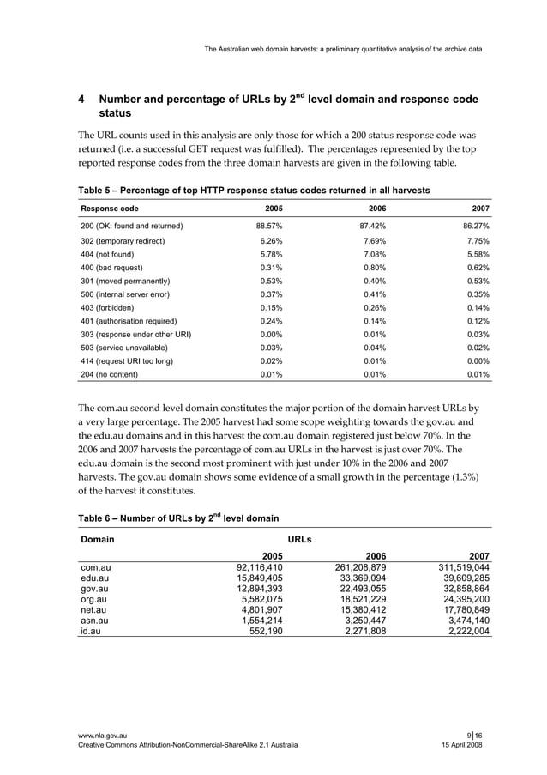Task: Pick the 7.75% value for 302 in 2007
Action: (x=475, y=241)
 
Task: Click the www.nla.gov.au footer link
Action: (x=104, y=736)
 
